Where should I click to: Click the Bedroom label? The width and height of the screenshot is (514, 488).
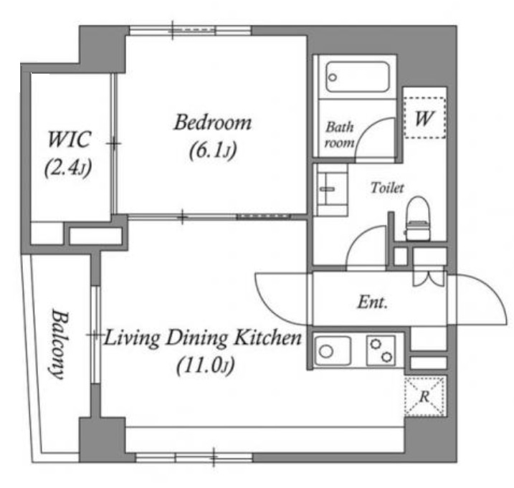213,123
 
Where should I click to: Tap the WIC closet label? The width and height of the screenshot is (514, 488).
69,140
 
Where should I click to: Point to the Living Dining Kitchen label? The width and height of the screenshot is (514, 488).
203,338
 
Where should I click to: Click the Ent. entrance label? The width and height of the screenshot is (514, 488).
372,302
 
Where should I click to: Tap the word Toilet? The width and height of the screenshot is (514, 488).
387,188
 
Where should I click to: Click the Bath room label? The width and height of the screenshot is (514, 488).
340,135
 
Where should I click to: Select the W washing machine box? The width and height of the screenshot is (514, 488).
425,118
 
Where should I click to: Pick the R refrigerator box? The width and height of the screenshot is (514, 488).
425,396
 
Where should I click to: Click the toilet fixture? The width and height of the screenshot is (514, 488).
418,219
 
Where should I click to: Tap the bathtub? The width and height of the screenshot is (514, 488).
358,77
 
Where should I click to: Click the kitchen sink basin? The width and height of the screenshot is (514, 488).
333,351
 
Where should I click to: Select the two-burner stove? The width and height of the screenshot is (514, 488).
381,350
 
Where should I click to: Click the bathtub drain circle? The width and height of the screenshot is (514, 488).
333,77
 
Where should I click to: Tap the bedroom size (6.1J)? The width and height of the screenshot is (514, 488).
213,150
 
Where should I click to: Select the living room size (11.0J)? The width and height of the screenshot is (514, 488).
206,365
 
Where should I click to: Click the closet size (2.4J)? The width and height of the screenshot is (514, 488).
68,168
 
